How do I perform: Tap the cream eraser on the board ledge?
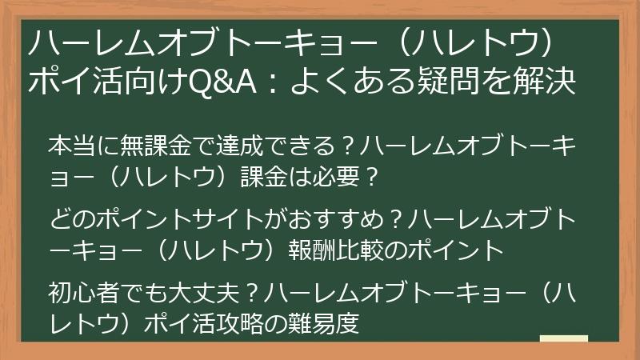[563, 338]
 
